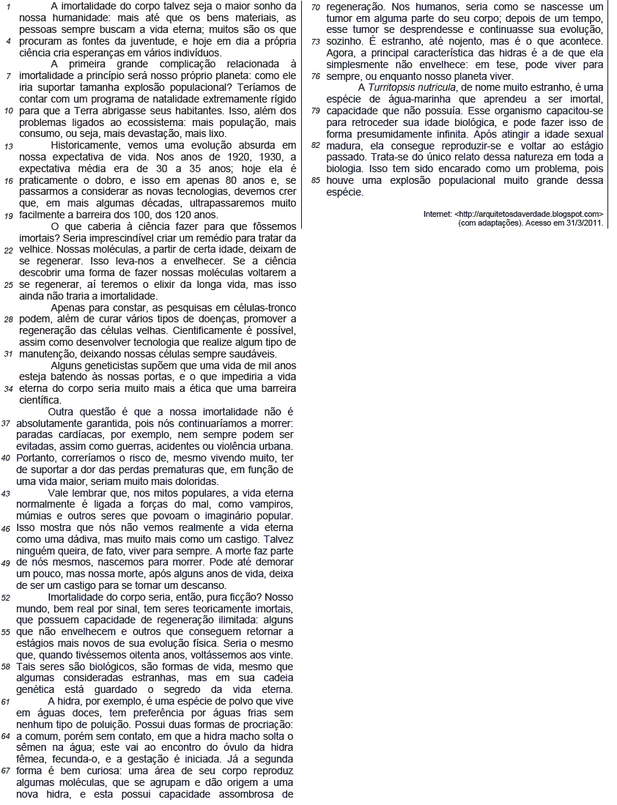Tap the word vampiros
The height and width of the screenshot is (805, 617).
tap(271, 505)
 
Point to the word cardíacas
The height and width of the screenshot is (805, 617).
tap(84, 434)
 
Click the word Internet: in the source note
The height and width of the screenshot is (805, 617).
tap(437, 214)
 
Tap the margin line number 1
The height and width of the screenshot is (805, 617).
tap(8, 7)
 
